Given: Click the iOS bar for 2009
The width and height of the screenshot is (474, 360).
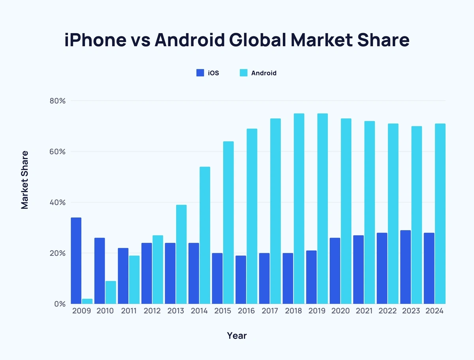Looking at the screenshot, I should [76, 261].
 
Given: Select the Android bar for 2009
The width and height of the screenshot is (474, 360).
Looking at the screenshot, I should [87, 301].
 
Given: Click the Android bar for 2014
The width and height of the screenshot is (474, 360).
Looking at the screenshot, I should [205, 235].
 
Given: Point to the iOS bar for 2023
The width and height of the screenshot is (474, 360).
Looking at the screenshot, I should [405, 267].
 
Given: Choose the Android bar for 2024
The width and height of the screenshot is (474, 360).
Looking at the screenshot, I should [440, 214].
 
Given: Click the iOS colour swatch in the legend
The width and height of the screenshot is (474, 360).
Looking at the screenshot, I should [200, 73].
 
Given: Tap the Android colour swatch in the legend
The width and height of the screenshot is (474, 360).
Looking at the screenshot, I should [243, 73].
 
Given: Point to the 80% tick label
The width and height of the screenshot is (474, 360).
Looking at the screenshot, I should [57, 101].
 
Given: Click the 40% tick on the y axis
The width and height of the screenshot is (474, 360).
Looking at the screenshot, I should [57, 202].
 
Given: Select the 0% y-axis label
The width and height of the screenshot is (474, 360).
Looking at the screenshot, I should [60, 304].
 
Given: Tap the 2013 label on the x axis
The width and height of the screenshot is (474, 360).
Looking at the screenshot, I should [175, 311].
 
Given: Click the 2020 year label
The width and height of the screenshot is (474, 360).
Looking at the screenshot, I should [340, 311].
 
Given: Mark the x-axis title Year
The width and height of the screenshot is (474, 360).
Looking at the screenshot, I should [237, 336].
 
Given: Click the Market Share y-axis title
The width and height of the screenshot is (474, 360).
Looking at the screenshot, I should [25, 180].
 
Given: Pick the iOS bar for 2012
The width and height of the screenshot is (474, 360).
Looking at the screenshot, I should [147, 273].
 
